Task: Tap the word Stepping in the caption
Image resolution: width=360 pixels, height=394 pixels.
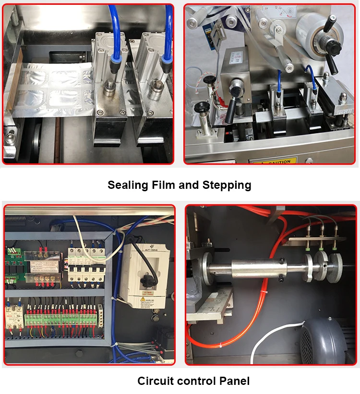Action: [x=228, y=185]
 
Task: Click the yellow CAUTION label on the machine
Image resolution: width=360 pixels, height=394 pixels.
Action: [x=275, y=161]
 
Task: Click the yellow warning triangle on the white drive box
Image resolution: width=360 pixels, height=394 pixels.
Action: [x=143, y=299]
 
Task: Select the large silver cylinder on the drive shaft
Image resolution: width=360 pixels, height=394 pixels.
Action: [x=257, y=269]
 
